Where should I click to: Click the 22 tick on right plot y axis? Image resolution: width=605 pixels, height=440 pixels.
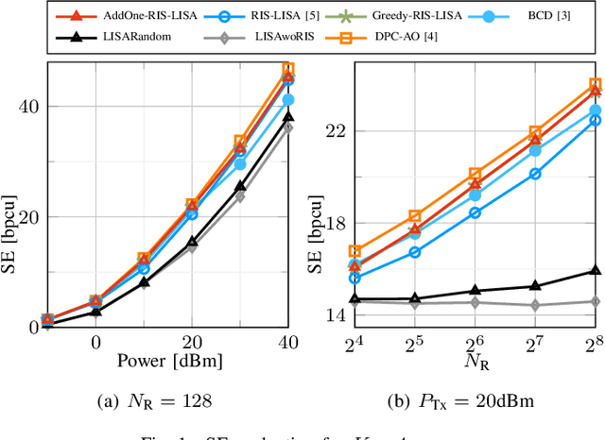coord(332,130)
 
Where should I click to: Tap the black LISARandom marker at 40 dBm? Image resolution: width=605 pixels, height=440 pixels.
coord(287,116)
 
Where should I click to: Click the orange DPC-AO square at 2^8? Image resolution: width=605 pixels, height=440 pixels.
coord(596,84)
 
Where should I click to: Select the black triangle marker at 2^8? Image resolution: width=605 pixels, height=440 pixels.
coord(596,270)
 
